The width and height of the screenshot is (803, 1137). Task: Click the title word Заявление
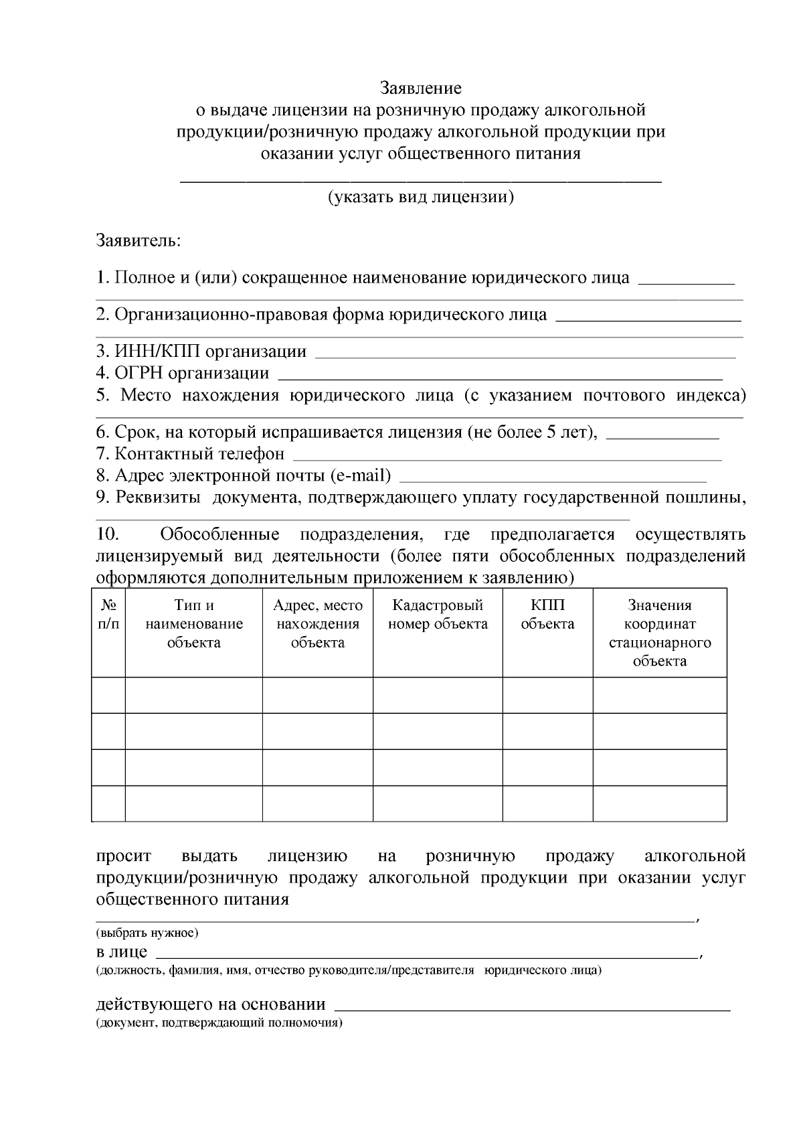[420, 88]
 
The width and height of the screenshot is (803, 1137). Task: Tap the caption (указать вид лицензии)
[420, 197]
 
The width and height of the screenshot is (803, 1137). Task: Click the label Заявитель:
[139, 240]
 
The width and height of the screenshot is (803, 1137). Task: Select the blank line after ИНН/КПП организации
[525, 355]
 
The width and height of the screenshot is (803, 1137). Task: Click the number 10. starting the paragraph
[108, 534]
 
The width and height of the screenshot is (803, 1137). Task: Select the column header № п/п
[108, 615]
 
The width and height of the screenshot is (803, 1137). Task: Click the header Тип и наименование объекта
[194, 624]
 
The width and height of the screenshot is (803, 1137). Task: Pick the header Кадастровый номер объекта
[438, 615]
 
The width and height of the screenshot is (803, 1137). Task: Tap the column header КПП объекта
[547, 615]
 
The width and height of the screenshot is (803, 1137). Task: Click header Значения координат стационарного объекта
[659, 633]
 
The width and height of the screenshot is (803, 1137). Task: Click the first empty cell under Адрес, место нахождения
[317, 695]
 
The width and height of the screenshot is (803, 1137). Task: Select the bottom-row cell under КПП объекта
[547, 803]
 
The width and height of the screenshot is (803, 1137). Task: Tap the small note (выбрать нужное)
[147, 933]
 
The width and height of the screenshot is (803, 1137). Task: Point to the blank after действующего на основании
[532, 1006]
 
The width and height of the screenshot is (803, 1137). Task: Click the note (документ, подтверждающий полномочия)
[219, 1023]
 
